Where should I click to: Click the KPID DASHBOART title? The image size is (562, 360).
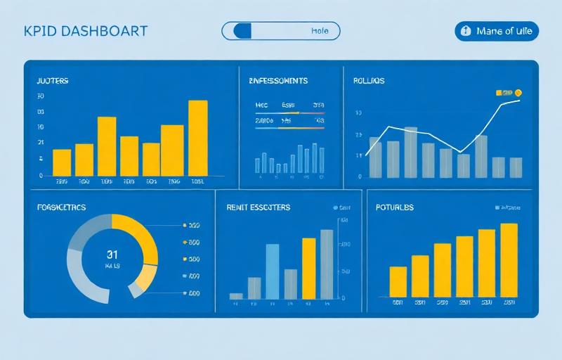coord(86,31)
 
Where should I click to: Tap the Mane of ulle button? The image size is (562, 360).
coord(497,31)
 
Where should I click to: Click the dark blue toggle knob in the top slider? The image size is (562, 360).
coord(242,31)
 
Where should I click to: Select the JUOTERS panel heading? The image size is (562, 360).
coord(53,82)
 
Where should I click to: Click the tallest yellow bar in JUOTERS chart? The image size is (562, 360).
coord(198,137)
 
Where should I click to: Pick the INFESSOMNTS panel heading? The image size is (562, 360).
coord(278,82)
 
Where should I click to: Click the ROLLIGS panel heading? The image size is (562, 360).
coord(369,82)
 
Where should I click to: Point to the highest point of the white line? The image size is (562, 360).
coord(519,101)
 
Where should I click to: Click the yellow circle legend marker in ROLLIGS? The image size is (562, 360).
coord(518,92)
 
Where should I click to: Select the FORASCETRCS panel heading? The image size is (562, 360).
coord(62,207)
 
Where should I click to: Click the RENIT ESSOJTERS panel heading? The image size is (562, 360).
coord(259,207)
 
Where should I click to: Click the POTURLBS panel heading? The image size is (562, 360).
coord(395,207)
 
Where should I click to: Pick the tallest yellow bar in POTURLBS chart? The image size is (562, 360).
coord(509,259)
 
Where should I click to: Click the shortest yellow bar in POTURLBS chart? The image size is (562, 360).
coord(398,281)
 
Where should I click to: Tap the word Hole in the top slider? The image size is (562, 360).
coord(319,31)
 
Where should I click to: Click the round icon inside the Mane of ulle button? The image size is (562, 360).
coord(465,31)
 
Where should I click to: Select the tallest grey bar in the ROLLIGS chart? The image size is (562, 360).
coord(411,152)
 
